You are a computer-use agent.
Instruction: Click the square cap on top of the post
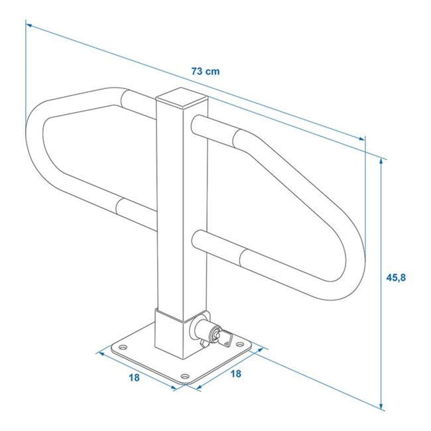tap(181, 100)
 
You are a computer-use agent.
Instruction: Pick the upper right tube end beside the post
tap(197, 123)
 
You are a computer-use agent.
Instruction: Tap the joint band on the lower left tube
tap(120, 208)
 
